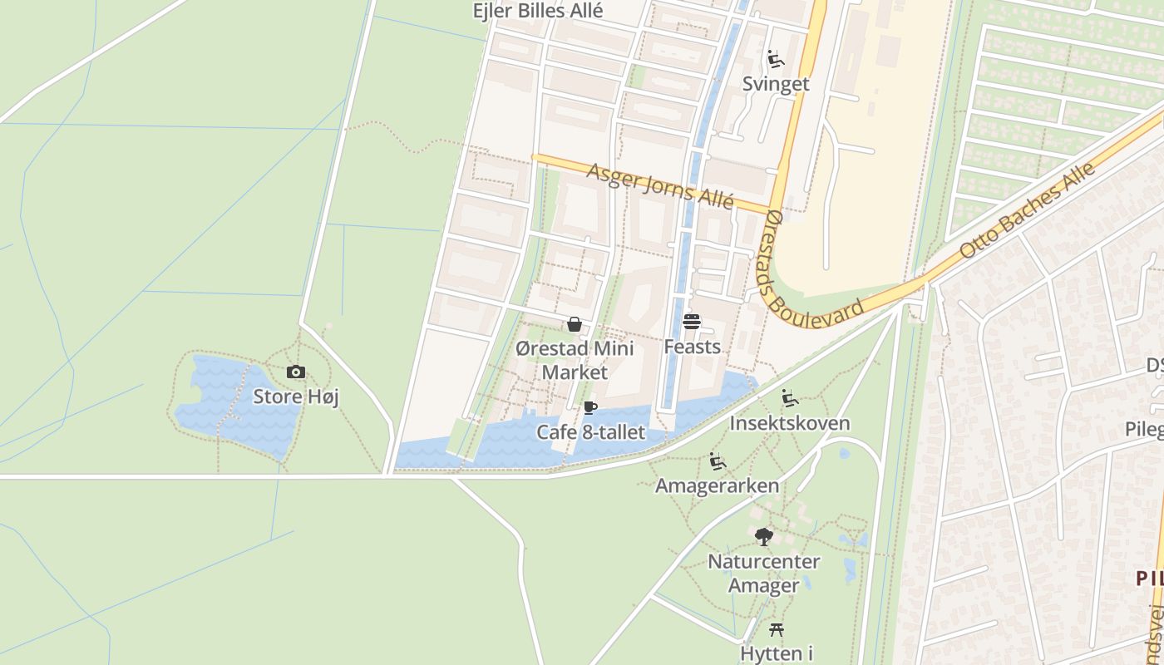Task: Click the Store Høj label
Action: pyautogui.click(x=296, y=397)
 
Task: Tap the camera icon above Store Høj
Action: pyautogui.click(x=295, y=372)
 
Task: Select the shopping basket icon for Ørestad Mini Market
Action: pyautogui.click(x=574, y=324)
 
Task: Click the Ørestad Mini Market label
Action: pyautogui.click(x=575, y=360)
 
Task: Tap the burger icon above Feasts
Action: pyautogui.click(x=692, y=322)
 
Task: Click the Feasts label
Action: pyautogui.click(x=692, y=346)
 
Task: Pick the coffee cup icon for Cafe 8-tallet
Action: pyautogui.click(x=589, y=407)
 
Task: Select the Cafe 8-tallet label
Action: pyautogui.click(x=590, y=432)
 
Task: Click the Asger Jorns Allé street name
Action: pyautogui.click(x=660, y=186)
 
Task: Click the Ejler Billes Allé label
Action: pyautogui.click(x=537, y=11)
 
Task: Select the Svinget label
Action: pyautogui.click(x=776, y=84)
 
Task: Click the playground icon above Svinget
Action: pyautogui.click(x=776, y=59)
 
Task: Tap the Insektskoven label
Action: pyautogui.click(x=790, y=423)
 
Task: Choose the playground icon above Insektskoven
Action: pyautogui.click(x=790, y=398)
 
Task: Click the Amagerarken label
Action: pyautogui.click(x=718, y=485)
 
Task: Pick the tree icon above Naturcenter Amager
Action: pyautogui.click(x=763, y=537)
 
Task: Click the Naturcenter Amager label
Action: pyautogui.click(x=763, y=574)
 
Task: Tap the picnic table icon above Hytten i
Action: pyautogui.click(x=777, y=629)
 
